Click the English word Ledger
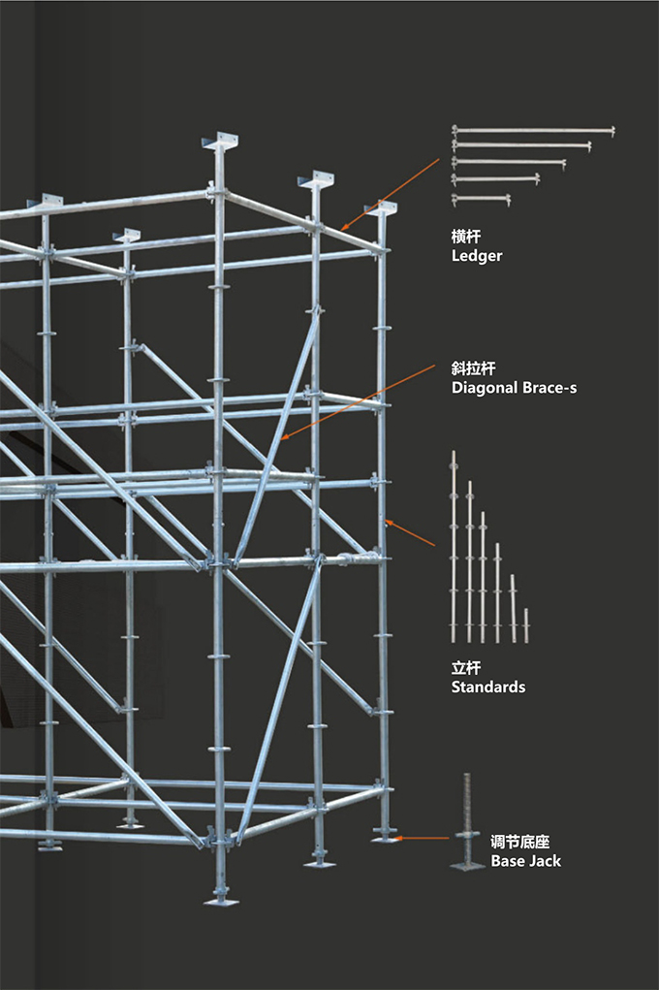[x=477, y=256]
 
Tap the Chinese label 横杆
[x=466, y=237]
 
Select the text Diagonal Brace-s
[x=514, y=388]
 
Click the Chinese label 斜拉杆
[x=474, y=368]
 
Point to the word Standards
[x=487, y=687]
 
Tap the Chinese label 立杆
[x=466, y=668]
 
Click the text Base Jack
[x=526, y=861]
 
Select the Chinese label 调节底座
[x=520, y=843]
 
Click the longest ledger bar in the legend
[x=533, y=131]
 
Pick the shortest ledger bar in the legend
[x=481, y=200]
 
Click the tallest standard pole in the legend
[x=454, y=547]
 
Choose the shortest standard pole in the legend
[x=526, y=625]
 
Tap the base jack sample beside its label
[x=467, y=820]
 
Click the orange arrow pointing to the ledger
[x=391, y=195]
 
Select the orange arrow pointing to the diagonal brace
[x=358, y=402]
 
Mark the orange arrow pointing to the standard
[x=410, y=532]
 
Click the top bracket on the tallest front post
[x=220, y=142]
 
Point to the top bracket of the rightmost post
[x=380, y=208]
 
